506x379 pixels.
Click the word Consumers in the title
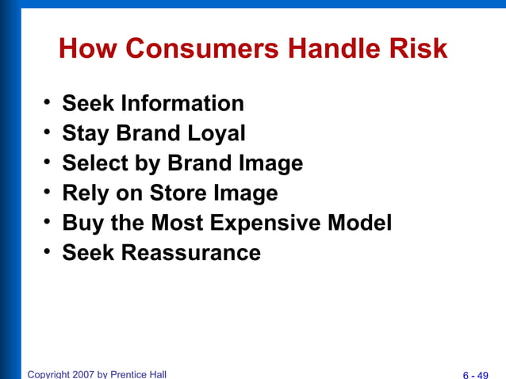point(202,50)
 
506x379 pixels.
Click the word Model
point(361,223)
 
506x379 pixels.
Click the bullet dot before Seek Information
point(48,103)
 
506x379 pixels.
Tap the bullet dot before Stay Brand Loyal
point(48,132)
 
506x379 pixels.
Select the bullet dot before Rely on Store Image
point(48,192)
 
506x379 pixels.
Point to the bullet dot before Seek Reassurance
point(48,252)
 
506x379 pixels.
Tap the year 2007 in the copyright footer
point(82,373)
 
